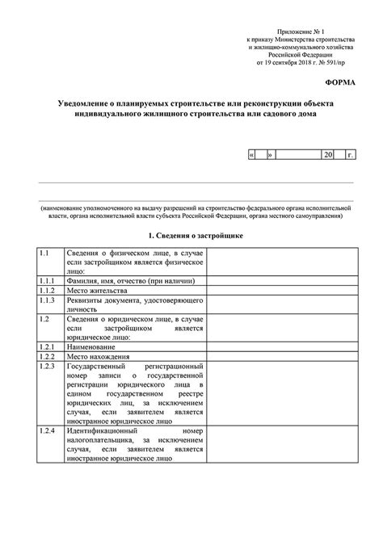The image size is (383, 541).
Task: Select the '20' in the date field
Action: pyautogui.click(x=327, y=153)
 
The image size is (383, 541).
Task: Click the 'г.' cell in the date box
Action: pyautogui.click(x=349, y=153)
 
